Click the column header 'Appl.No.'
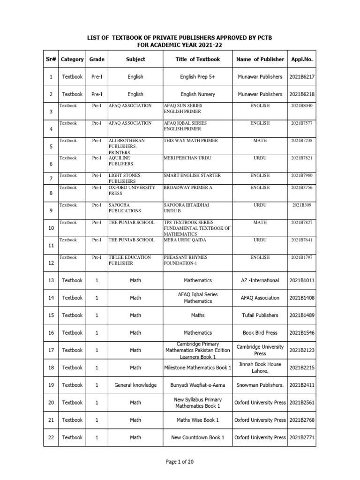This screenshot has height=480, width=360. (x=302, y=59)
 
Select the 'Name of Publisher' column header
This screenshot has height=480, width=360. (x=260, y=59)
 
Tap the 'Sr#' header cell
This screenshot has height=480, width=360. (x=51, y=59)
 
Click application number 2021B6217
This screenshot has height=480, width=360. (x=302, y=76)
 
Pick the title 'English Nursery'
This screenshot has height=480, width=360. (x=198, y=94)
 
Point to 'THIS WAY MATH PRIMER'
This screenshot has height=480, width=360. (x=190, y=141)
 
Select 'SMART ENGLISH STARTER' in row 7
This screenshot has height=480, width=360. (x=192, y=175)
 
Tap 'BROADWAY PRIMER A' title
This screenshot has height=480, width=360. (x=187, y=187)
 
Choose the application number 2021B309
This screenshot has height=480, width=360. (x=302, y=205)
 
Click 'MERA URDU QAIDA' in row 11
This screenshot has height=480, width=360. (x=185, y=240)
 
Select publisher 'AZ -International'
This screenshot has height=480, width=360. (x=260, y=280)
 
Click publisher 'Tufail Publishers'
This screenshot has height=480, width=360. (x=260, y=315)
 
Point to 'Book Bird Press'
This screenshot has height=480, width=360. (x=260, y=333)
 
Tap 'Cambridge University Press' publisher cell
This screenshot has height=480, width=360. (x=260, y=350)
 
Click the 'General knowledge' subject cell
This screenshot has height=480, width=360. (x=135, y=385)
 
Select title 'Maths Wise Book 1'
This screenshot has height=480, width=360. (x=198, y=420)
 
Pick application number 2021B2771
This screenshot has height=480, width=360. (x=302, y=437)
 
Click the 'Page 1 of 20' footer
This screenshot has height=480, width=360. (x=180, y=462)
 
